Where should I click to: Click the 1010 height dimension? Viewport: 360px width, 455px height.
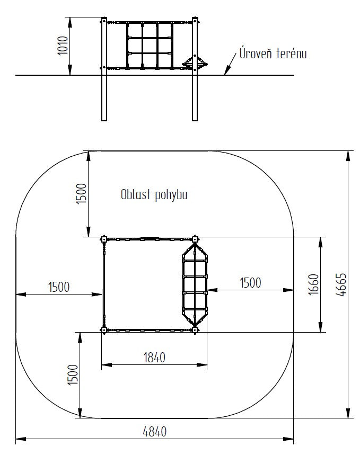[x=63, y=46]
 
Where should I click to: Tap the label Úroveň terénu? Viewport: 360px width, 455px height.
[x=273, y=53]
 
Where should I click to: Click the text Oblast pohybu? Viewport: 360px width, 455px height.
[x=154, y=195]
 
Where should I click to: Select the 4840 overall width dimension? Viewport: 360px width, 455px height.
[x=155, y=432]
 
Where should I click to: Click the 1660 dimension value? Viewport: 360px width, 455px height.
[x=313, y=284]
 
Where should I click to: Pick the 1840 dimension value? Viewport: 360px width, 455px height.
[x=154, y=358]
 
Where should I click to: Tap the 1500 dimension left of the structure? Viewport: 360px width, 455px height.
[x=59, y=287]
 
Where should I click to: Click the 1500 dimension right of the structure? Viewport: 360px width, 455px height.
[x=250, y=283]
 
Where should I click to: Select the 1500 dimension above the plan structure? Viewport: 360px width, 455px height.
[x=81, y=194]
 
